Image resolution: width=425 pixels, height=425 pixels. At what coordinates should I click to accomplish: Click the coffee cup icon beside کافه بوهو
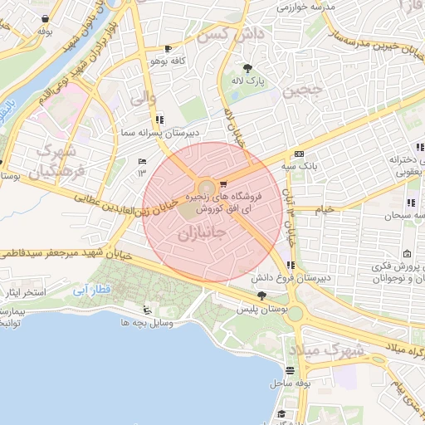[x=169, y=49]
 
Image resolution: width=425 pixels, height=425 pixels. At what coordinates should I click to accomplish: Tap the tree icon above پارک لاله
[x=247, y=68]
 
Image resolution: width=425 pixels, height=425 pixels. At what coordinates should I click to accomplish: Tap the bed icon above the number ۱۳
[x=141, y=160]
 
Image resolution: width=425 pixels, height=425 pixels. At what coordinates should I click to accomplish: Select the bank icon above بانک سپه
[x=299, y=154]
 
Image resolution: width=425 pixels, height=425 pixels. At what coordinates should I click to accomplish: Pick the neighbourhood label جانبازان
[x=201, y=233]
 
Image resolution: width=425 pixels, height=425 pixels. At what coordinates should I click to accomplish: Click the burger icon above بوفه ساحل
[x=289, y=370]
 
